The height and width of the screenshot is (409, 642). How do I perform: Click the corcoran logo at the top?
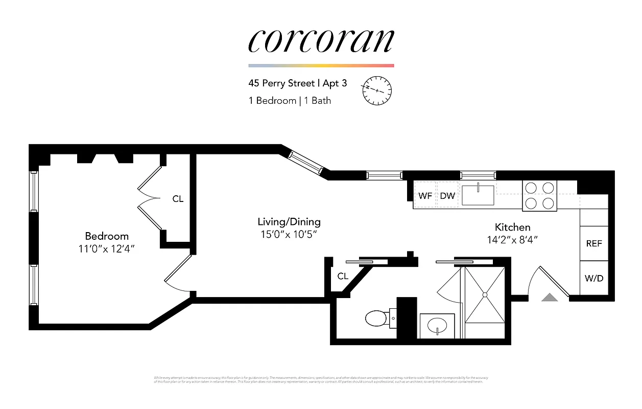[321, 41]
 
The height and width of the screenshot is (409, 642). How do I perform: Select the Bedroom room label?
[107, 236]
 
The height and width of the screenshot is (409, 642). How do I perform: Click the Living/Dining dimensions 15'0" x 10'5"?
[289, 235]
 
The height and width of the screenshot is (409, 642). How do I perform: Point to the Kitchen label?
[512, 227]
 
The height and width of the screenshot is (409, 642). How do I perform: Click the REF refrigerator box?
[594, 244]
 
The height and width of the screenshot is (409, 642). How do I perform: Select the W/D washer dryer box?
[594, 278]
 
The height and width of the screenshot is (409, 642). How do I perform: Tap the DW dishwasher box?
[447, 195]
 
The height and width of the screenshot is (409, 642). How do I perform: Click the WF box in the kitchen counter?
[425, 195]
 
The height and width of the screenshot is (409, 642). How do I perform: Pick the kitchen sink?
[478, 195]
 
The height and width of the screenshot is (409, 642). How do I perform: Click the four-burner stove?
[539, 196]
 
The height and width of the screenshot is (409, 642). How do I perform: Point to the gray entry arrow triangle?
[550, 297]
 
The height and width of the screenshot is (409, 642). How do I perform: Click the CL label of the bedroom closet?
[178, 199]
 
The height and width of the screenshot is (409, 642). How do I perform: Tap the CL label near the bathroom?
[343, 276]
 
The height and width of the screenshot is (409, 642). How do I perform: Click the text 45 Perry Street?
[281, 83]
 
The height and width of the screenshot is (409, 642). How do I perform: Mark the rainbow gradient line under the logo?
[321, 65]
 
